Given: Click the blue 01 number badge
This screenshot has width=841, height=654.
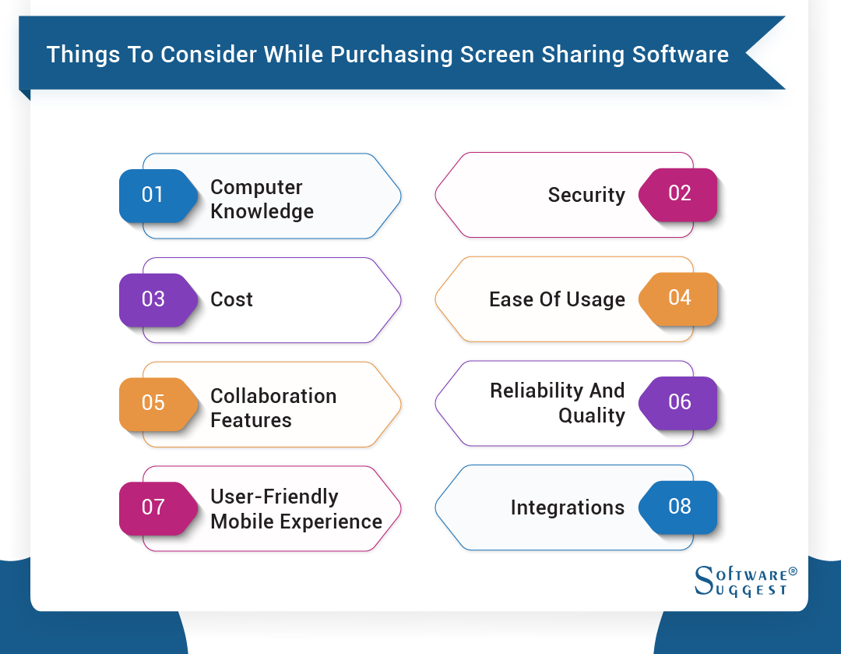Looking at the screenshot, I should pyautogui.click(x=153, y=195).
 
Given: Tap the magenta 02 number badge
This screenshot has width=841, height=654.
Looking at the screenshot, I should pyautogui.click(x=679, y=194).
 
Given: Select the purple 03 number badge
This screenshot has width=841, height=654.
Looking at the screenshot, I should pyautogui.click(x=153, y=299).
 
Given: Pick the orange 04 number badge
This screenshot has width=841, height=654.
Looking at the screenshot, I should pyautogui.click(x=679, y=298).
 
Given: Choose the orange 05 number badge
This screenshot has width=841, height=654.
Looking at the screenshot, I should pyautogui.click(x=153, y=403).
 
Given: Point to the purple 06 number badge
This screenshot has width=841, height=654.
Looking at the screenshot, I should pyautogui.click(x=679, y=402).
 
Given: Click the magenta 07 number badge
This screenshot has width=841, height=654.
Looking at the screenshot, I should pyautogui.click(x=153, y=507).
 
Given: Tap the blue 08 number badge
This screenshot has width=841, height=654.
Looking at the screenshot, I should pyautogui.click(x=679, y=507).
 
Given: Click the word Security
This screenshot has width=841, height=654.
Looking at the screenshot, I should pyautogui.click(x=586, y=195).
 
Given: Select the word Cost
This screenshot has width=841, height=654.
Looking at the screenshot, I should pyautogui.click(x=231, y=299).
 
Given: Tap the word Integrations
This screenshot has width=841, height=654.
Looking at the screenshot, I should pyautogui.click(x=567, y=508).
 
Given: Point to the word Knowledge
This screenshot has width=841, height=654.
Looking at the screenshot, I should pyautogui.click(x=262, y=211).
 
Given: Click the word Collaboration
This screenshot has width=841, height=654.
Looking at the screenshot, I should pyautogui.click(x=273, y=396).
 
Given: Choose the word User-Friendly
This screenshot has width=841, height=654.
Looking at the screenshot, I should pyautogui.click(x=274, y=497).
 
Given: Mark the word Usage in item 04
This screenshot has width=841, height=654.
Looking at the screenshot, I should pyautogui.click(x=596, y=300).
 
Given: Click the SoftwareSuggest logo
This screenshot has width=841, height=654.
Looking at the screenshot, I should pyautogui.click(x=744, y=581).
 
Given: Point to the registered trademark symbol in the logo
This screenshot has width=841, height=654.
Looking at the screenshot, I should pyautogui.click(x=793, y=571).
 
